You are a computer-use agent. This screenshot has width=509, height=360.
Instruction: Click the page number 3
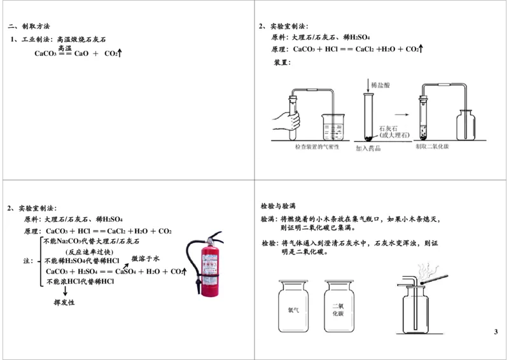496,333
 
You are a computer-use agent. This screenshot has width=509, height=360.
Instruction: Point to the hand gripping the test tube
284,119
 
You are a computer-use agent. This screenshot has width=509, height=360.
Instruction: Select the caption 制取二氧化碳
433,147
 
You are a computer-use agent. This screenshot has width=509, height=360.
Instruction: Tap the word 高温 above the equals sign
65,48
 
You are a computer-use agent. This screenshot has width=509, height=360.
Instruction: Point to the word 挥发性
64,302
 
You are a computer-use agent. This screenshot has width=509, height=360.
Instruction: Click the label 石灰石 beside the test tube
389,128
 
